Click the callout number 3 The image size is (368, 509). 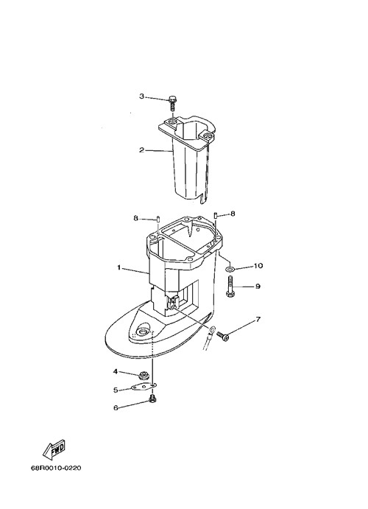point(142,96)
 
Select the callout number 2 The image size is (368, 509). point(142,150)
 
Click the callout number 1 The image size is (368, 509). point(119,267)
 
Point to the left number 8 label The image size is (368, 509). point(136,218)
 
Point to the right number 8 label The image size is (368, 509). point(233,214)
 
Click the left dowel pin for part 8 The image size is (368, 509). point(158,219)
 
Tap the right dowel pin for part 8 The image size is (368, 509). point(216,214)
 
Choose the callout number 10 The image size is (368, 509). point(258,266)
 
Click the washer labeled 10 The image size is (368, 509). point(230,268)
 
